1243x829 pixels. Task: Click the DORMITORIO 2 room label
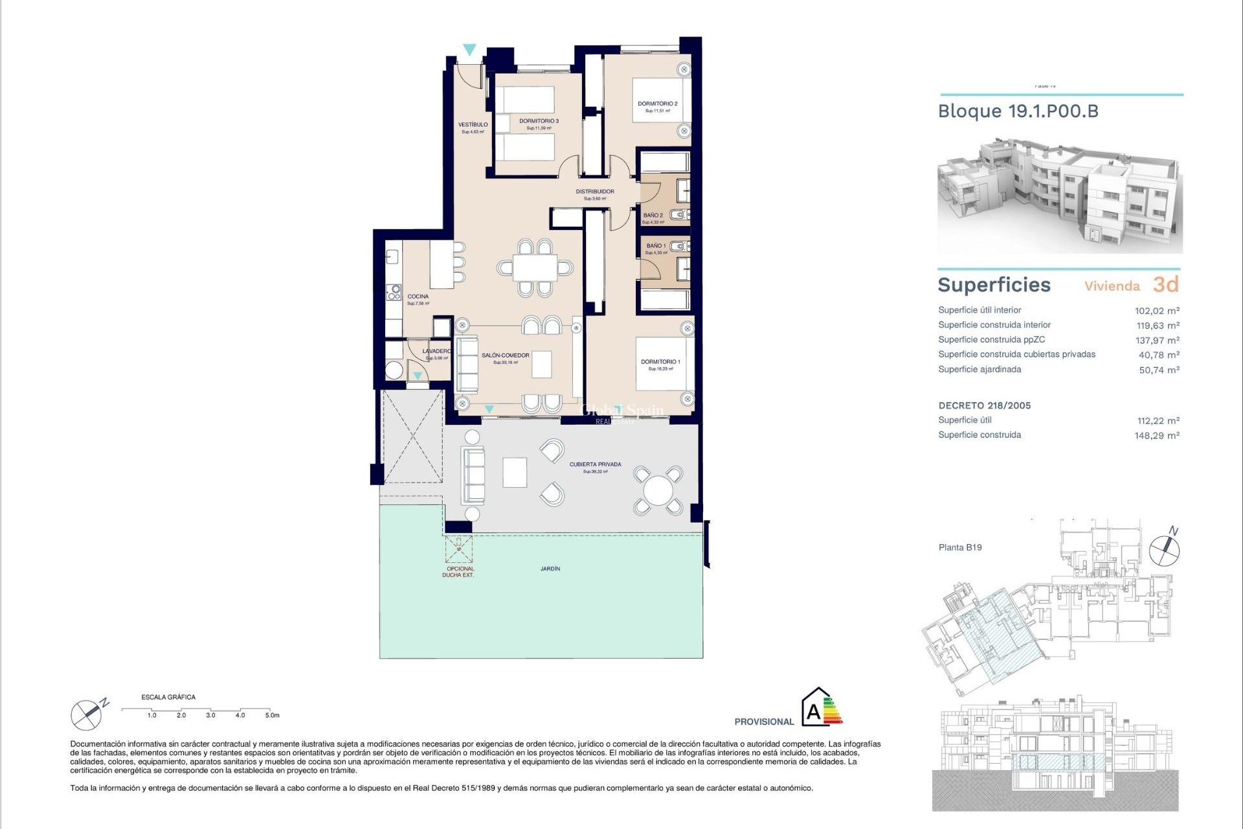[x=657, y=104]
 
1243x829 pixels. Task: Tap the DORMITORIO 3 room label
[x=539, y=121]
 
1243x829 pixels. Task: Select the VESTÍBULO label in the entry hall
[x=473, y=125]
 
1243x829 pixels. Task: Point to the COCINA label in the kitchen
[x=418, y=297]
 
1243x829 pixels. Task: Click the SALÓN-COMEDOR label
[x=505, y=356]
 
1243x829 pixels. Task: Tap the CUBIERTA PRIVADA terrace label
[x=595, y=464]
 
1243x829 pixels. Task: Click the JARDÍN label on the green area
[x=550, y=569]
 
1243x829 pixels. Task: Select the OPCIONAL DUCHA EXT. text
[x=458, y=572]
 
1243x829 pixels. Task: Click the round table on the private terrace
[x=658, y=490]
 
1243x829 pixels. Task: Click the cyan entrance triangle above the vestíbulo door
[x=469, y=49]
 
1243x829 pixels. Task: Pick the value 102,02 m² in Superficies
[x=1156, y=311]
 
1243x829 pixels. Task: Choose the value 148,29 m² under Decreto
[x=1156, y=436]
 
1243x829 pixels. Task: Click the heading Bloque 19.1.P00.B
[x=1018, y=111]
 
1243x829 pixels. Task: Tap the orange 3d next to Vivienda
[x=1165, y=284]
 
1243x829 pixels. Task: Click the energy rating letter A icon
[x=814, y=712]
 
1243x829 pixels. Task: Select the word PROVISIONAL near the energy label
[x=763, y=721]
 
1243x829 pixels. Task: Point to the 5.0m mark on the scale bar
[x=272, y=715]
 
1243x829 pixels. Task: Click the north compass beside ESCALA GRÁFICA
[x=87, y=714]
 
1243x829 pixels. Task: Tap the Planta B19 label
[x=959, y=547]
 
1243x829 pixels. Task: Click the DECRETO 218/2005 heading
[x=984, y=405]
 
